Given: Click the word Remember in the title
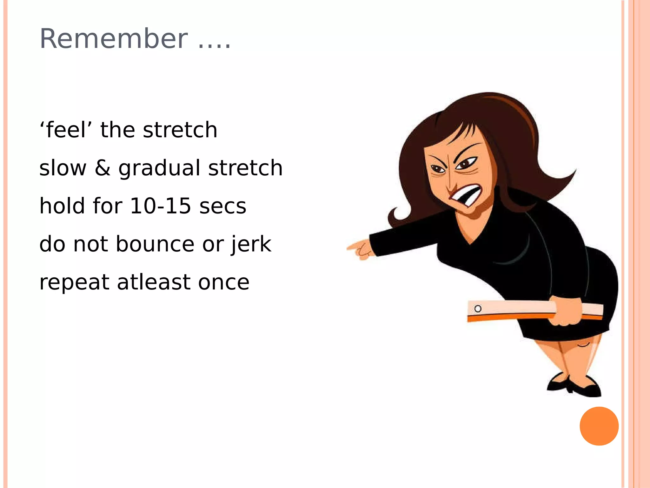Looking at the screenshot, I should (x=114, y=39).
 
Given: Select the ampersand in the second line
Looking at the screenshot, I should (x=103, y=168).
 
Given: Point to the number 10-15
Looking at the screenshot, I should (x=161, y=206).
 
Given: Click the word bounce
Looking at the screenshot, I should (x=155, y=244).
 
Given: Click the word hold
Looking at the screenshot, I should (x=62, y=206).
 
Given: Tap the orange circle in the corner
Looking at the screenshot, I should (x=599, y=426).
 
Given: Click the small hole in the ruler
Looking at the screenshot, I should (x=478, y=308).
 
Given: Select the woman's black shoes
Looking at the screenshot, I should (x=574, y=386).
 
